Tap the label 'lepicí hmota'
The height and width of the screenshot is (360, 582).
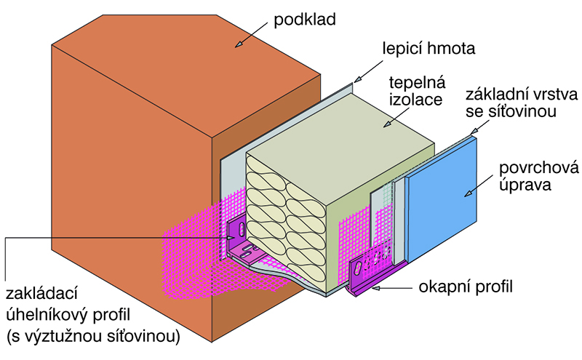click(428, 49)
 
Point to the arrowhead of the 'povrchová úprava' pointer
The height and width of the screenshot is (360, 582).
click(466, 195)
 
